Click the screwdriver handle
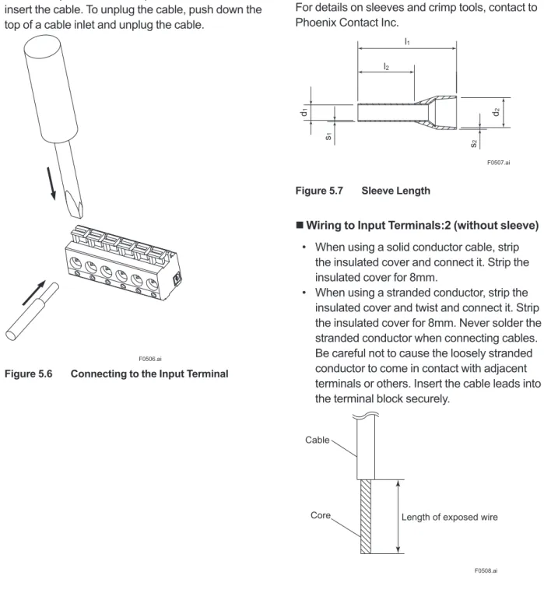pyautogui.click(x=51, y=89)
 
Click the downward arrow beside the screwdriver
pyautogui.click(x=51, y=184)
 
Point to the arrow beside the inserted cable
pyautogui.click(x=33, y=293)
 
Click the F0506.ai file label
pyautogui.click(x=149, y=359)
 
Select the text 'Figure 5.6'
pyautogui.click(x=28, y=374)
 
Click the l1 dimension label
pyautogui.click(x=407, y=41)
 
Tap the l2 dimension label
pyautogui.click(x=386, y=67)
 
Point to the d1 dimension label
pyautogui.click(x=304, y=112)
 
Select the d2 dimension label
pyautogui.click(x=497, y=112)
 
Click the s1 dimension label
pyautogui.click(x=328, y=136)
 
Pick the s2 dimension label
pyautogui.click(x=474, y=144)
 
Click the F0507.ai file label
pyautogui.click(x=498, y=162)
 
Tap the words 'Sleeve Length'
pyautogui.click(x=395, y=191)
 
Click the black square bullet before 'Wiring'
pyautogui.click(x=300, y=226)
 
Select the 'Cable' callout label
pyautogui.click(x=317, y=440)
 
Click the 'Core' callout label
pyautogui.click(x=321, y=515)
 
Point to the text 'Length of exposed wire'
pyautogui.click(x=449, y=517)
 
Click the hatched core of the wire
pyautogui.click(x=366, y=517)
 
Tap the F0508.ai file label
pyautogui.click(x=486, y=570)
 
